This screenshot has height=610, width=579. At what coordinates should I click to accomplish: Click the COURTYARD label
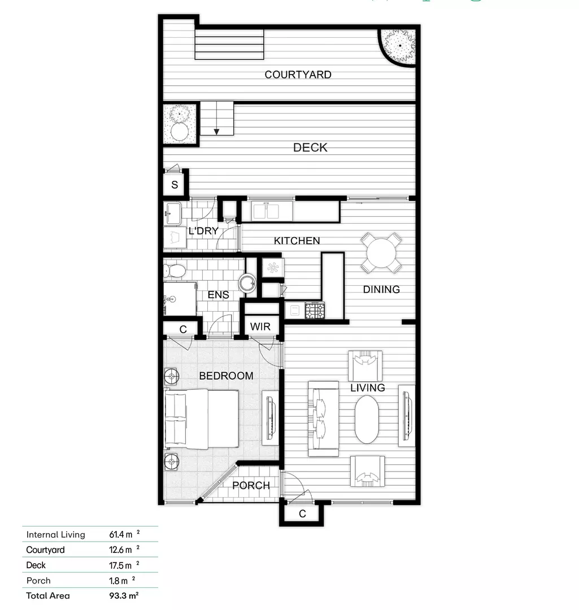(298, 75)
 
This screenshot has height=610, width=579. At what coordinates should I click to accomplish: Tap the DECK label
(310, 147)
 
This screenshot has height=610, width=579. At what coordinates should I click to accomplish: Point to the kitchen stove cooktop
(315, 310)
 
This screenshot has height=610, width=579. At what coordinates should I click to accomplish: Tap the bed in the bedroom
(202, 419)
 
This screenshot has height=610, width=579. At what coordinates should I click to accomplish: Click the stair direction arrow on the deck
(216, 132)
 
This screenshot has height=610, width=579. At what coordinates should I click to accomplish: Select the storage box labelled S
(175, 185)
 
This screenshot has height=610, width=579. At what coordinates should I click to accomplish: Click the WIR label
(260, 326)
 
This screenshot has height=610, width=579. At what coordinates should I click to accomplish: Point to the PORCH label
(251, 485)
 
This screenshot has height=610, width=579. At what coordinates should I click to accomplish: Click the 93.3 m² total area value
(124, 595)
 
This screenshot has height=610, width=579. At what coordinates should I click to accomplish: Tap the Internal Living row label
(55, 534)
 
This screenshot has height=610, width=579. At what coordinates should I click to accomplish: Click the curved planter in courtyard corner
(399, 45)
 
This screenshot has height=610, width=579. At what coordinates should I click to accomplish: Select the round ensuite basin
(247, 282)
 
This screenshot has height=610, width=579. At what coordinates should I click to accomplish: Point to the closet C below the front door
(302, 514)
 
